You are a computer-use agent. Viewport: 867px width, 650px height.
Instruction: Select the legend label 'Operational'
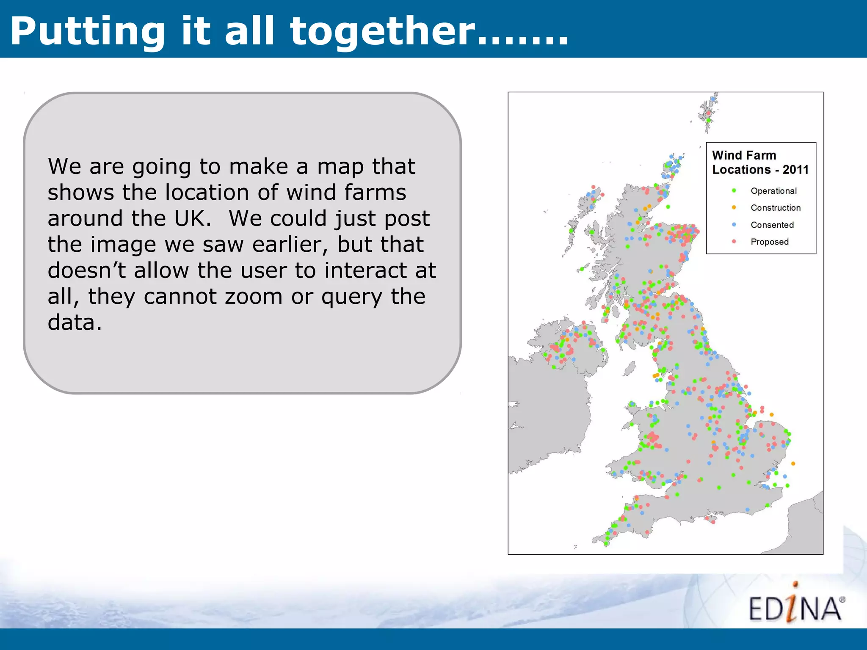773,191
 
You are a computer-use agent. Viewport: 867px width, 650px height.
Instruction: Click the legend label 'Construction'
776,208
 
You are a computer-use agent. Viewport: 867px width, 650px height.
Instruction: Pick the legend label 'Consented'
772,225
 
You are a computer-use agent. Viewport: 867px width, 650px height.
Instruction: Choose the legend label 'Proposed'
770,242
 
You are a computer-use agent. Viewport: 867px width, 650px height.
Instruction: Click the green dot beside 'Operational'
734,191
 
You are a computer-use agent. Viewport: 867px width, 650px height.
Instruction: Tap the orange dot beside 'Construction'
734,208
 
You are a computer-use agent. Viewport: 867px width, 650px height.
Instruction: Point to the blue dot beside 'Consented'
734,225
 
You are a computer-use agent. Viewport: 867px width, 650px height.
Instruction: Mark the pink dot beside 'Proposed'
734,242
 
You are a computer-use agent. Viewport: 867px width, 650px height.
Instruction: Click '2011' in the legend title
795,170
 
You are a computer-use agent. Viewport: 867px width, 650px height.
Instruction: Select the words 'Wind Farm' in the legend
744,155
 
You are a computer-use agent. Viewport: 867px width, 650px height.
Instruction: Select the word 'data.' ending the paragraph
75,322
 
